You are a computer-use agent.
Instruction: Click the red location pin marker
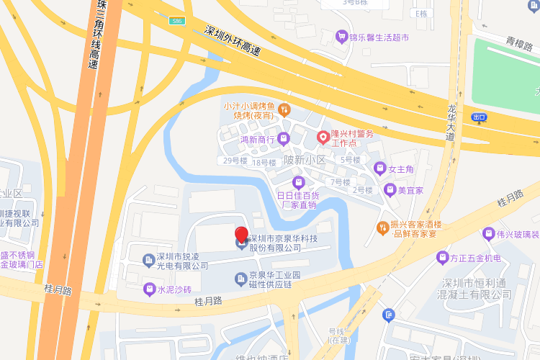click(x=242, y=235)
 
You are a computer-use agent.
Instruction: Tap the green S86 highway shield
click(x=177, y=22)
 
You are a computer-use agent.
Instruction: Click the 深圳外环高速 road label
click(x=232, y=42)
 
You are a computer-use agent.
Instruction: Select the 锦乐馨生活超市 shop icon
click(x=341, y=36)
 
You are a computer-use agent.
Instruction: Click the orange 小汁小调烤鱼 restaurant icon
click(x=284, y=110)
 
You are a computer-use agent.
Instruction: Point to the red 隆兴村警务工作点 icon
click(x=323, y=135)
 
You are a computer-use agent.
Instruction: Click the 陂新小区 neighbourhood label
click(x=305, y=160)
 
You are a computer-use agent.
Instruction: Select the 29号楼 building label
click(x=235, y=161)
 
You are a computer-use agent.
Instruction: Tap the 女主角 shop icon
click(x=379, y=169)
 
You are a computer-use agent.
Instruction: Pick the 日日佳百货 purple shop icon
click(x=299, y=181)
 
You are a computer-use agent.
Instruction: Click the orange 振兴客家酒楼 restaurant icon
click(x=383, y=228)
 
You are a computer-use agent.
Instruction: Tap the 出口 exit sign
click(x=479, y=117)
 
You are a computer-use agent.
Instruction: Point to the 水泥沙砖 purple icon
click(x=149, y=289)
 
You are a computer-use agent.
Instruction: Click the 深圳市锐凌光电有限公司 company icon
click(x=148, y=258)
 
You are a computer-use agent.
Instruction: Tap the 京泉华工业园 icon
click(x=240, y=279)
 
